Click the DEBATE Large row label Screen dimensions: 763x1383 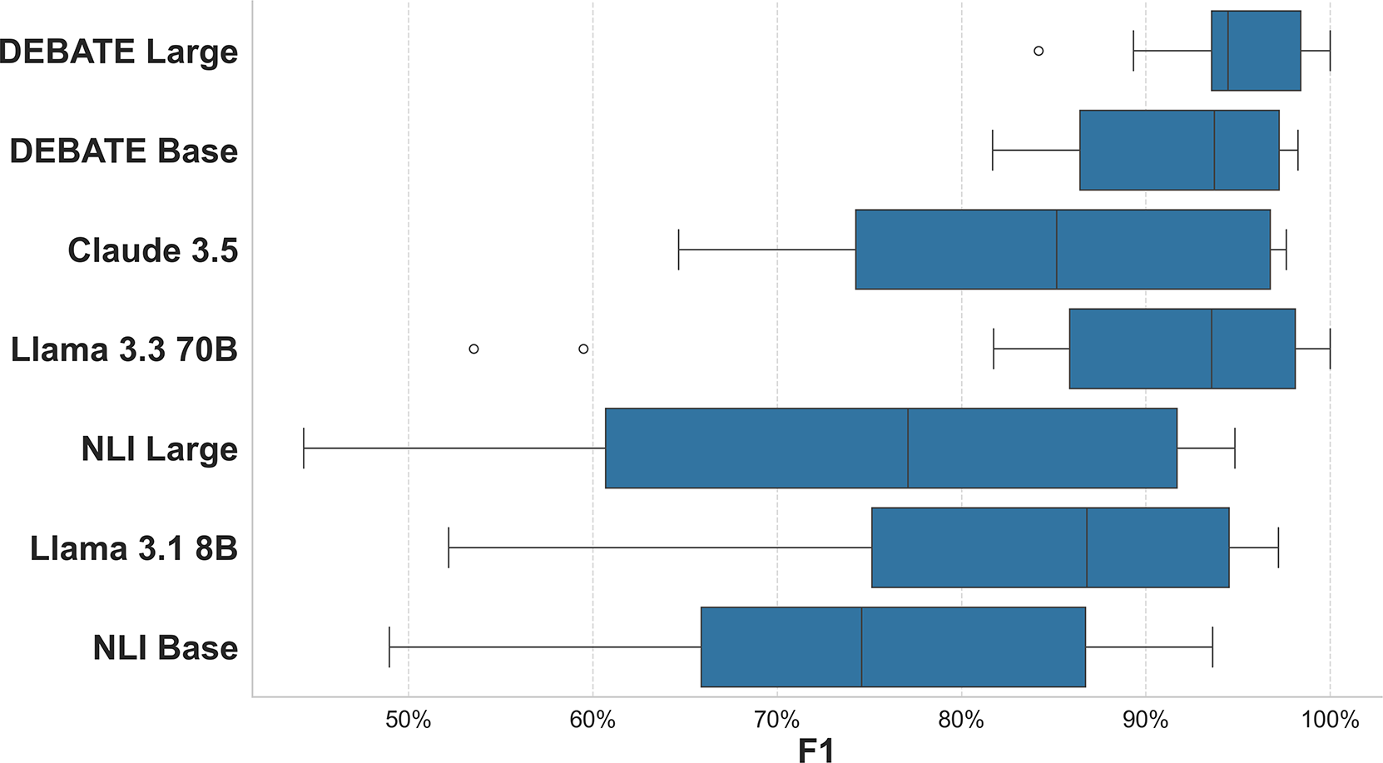point(119,52)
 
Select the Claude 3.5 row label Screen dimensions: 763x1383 point(153,250)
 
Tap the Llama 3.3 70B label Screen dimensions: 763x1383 point(124,349)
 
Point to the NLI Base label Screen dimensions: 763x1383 point(166,647)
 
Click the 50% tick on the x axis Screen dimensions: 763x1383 point(409,720)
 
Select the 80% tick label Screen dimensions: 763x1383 point(961,720)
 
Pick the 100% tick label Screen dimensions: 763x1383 point(1329,720)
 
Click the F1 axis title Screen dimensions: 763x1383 point(815,750)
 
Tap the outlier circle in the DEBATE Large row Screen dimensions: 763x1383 point(1038,51)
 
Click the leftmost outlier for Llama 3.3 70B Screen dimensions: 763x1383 point(473,349)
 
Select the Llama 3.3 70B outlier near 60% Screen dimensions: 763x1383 point(583,349)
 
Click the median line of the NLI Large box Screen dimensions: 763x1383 point(908,448)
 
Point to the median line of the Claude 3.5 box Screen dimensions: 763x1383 point(1057,250)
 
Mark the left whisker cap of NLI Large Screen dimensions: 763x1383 point(304,448)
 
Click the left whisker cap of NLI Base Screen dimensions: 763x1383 point(389,647)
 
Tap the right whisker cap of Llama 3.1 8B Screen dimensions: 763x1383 point(1278,547)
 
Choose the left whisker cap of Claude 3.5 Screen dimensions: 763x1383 point(679,250)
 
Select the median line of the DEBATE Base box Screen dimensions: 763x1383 point(1214,150)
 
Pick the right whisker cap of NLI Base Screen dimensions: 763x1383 point(1212,647)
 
